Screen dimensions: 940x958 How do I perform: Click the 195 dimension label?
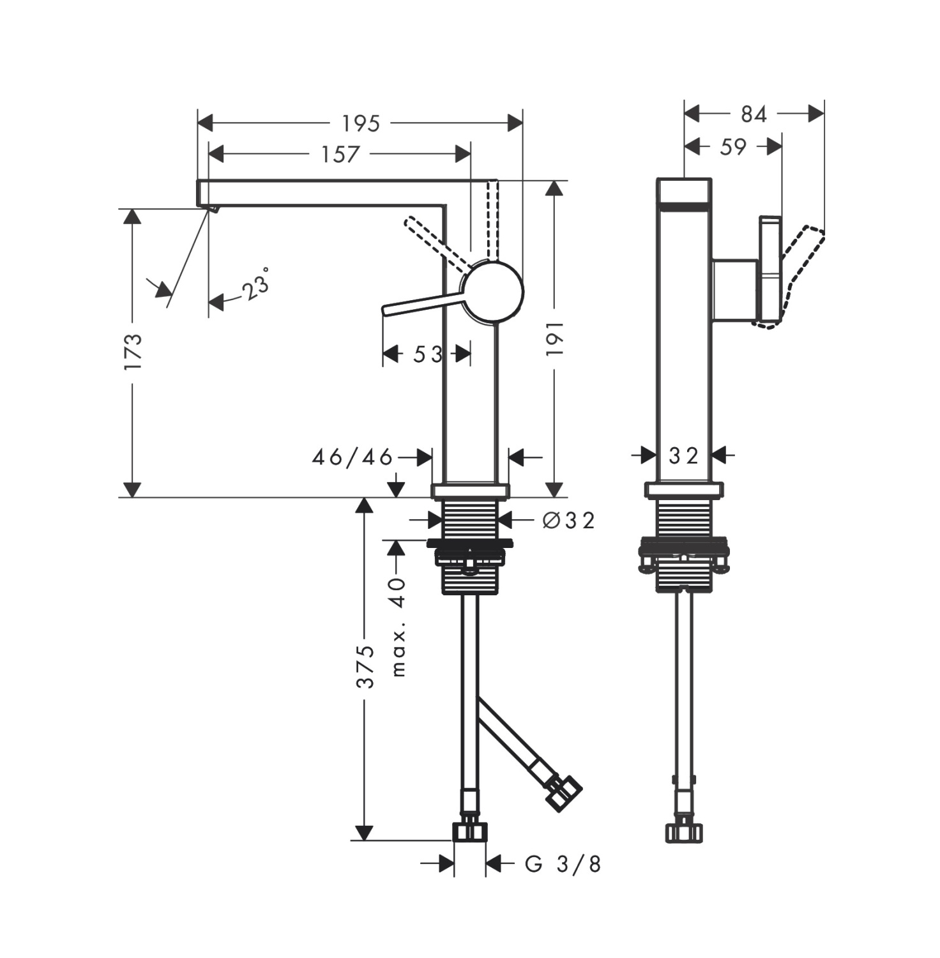361,123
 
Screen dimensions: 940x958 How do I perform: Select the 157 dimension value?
340,154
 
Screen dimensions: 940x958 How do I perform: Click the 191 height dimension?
555,338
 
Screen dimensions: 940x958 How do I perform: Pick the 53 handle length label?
427,354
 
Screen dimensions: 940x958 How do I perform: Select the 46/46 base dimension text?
352,457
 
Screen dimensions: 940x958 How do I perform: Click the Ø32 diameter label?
568,521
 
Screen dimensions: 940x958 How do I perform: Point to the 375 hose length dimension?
365,666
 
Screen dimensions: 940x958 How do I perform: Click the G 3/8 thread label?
563,864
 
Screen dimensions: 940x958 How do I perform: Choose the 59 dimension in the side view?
732,147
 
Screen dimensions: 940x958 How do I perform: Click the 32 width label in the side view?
683,455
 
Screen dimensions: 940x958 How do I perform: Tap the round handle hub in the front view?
493,291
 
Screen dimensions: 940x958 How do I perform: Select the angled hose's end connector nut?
563,793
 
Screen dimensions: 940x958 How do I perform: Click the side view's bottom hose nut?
684,832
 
